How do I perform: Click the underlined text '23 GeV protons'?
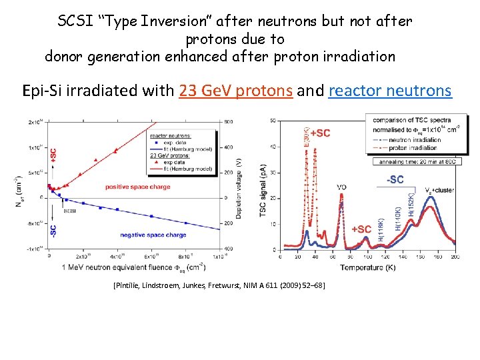pyautogui.click(x=236, y=91)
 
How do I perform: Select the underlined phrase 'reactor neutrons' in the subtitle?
pyautogui.click(x=390, y=91)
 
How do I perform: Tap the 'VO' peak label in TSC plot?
pyautogui.click(x=341, y=187)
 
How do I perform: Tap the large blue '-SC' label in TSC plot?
pyautogui.click(x=395, y=179)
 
